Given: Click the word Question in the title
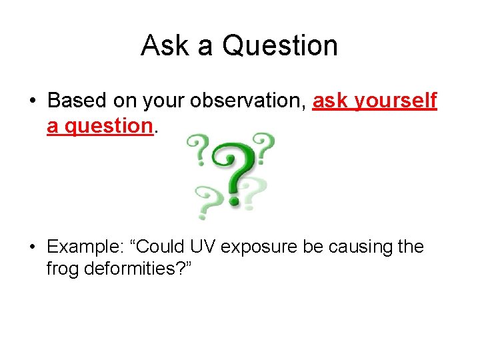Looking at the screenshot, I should (x=279, y=45).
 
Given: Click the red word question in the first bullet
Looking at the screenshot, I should (x=99, y=125).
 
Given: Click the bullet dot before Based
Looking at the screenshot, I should (x=32, y=101).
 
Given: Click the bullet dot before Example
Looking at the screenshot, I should (x=32, y=247).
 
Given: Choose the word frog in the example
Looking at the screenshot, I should (x=62, y=270).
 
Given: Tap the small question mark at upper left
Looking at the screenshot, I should (x=198, y=147).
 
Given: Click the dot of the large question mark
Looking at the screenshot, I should (x=233, y=199).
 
